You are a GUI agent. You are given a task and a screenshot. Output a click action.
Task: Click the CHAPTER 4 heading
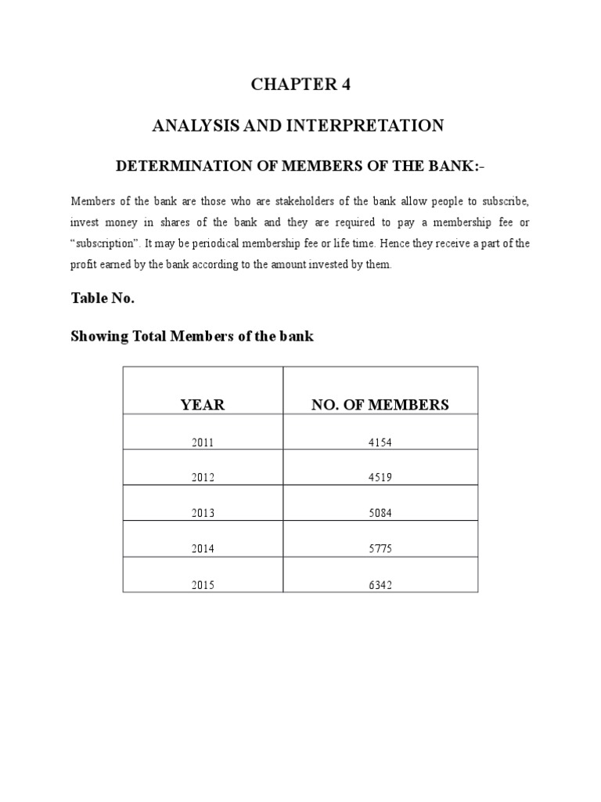300,85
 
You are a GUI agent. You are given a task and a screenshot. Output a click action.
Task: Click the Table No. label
103,298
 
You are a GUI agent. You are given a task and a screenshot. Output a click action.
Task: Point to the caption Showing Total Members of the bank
192,337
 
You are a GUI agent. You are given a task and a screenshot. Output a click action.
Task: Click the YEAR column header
202,405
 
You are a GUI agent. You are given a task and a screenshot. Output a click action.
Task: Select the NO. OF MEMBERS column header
380,405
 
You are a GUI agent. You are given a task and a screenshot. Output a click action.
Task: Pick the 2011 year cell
202,443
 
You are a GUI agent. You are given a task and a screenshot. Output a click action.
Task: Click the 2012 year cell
202,478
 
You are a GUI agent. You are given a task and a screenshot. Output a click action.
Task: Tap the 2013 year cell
202,514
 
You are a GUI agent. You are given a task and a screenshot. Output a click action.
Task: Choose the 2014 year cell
202,550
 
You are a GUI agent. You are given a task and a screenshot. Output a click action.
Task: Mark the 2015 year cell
202,585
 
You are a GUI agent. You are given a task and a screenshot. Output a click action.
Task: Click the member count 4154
380,443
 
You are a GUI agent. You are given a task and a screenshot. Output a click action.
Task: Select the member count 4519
380,478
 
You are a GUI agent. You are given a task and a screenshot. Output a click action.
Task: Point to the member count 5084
380,514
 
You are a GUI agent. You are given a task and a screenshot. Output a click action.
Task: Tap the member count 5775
380,550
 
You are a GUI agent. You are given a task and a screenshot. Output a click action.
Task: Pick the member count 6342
380,585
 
